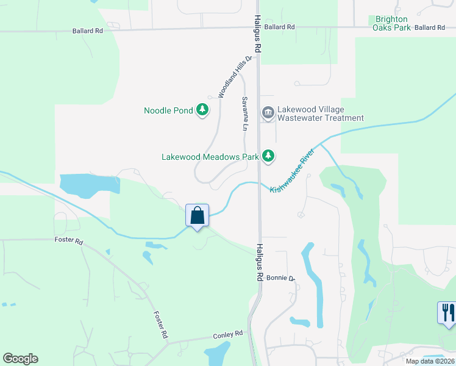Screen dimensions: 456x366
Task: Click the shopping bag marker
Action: click(x=197, y=216)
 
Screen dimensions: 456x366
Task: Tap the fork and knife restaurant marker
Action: click(x=447, y=313)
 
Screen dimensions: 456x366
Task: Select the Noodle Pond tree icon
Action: click(x=202, y=110)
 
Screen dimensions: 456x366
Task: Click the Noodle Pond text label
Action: click(x=168, y=111)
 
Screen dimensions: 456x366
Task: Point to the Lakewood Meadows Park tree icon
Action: click(x=268, y=156)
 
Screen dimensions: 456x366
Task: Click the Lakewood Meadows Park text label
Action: click(x=210, y=157)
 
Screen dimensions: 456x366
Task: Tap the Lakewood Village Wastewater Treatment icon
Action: click(x=268, y=113)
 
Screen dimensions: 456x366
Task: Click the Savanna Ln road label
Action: click(x=244, y=114)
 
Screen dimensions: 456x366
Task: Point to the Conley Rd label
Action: click(x=228, y=335)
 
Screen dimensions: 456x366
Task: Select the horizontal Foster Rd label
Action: click(x=68, y=241)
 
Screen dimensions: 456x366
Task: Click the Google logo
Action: click(x=20, y=359)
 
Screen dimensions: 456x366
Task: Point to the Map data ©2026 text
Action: click(x=429, y=361)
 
